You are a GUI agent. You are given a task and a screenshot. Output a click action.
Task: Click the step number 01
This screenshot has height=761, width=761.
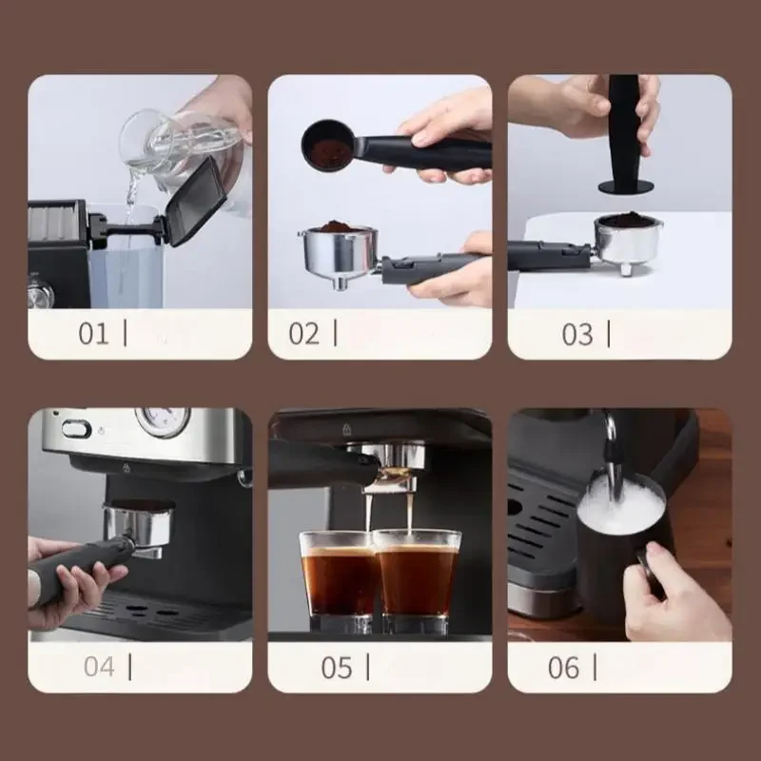click(x=94, y=334)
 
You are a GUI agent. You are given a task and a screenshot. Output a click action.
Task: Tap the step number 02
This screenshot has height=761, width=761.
click(x=304, y=334)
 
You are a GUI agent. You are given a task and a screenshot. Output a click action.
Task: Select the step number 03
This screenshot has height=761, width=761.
click(x=577, y=334)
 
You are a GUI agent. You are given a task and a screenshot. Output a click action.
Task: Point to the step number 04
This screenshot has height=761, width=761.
click(x=99, y=667)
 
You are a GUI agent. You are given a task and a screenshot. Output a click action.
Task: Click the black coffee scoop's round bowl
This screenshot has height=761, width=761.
click(x=326, y=144)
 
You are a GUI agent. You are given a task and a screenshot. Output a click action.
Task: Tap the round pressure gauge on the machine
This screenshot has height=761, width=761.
click(x=162, y=420)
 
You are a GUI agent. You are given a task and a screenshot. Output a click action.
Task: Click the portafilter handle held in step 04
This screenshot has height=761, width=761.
click(x=76, y=570)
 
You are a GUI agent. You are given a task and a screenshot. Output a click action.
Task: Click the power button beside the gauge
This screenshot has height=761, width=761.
click(x=76, y=428)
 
